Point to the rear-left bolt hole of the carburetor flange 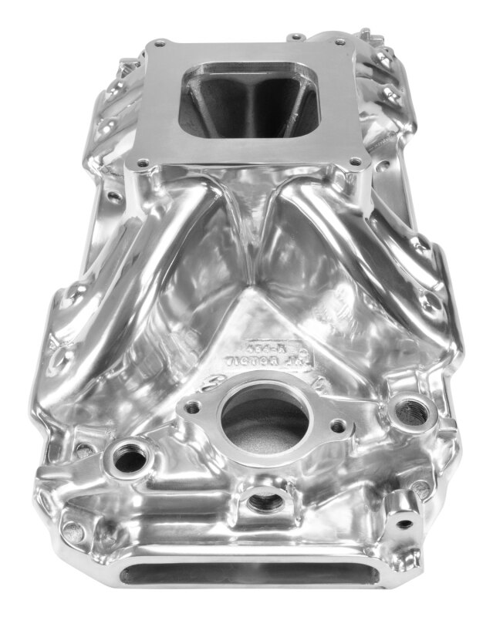pyautogui.click(x=160, y=43)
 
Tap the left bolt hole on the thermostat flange pyautogui.click(x=193, y=406)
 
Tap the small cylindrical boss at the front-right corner pyautogui.click(x=403, y=522)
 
